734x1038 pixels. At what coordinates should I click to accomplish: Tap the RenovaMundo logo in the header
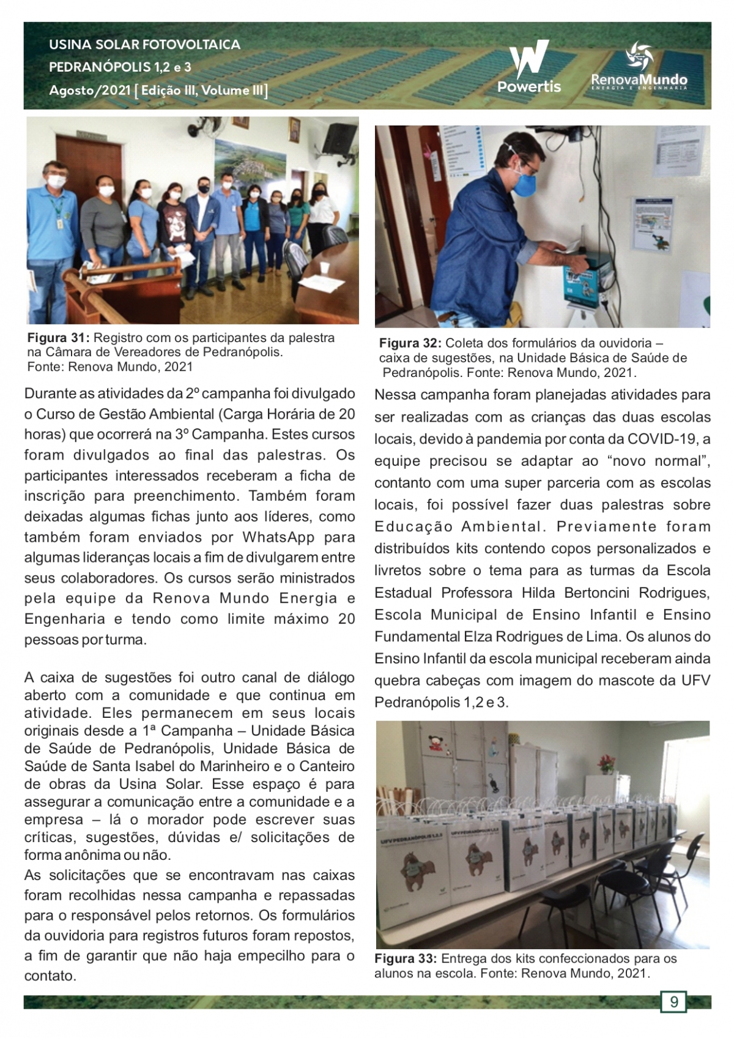639,66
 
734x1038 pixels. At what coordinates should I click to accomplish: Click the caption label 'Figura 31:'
59,338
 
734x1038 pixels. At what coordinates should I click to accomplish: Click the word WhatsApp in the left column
278,537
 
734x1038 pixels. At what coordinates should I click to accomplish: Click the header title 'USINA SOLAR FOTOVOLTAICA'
144,45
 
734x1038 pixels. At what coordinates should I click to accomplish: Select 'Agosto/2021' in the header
90,91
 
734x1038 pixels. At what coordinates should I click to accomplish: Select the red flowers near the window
607,762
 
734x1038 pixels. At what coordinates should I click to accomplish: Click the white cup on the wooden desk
324,268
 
